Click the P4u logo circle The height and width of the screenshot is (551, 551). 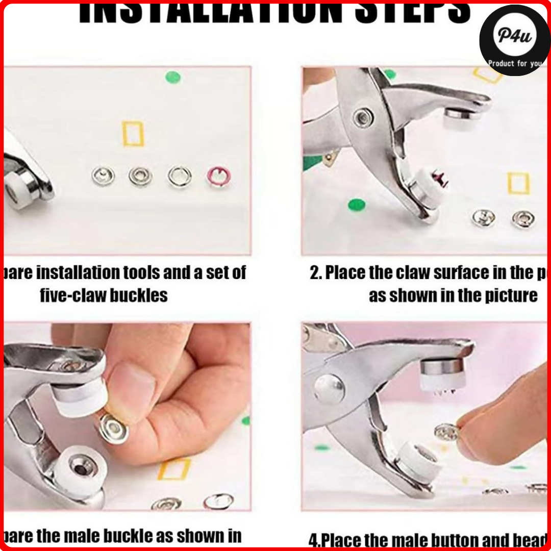pyautogui.click(x=514, y=40)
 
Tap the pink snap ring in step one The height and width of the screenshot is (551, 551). pyautogui.click(x=218, y=177)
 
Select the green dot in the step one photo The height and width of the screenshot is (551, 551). pyautogui.click(x=173, y=78)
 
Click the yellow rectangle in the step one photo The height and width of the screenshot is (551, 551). pyautogui.click(x=133, y=134)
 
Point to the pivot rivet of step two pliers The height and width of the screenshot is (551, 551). pyautogui.click(x=363, y=117)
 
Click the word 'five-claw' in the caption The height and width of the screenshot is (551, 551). pyautogui.click(x=71, y=295)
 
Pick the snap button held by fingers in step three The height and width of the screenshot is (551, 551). pyautogui.click(x=113, y=428)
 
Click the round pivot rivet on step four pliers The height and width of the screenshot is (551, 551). pyautogui.click(x=329, y=389)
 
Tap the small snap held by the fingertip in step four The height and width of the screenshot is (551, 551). pyautogui.click(x=446, y=432)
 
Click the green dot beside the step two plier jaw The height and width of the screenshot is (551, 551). pyautogui.click(x=357, y=205)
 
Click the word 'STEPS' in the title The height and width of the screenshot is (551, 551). pyautogui.click(x=418, y=12)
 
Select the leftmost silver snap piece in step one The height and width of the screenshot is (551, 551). pyautogui.click(x=103, y=177)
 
